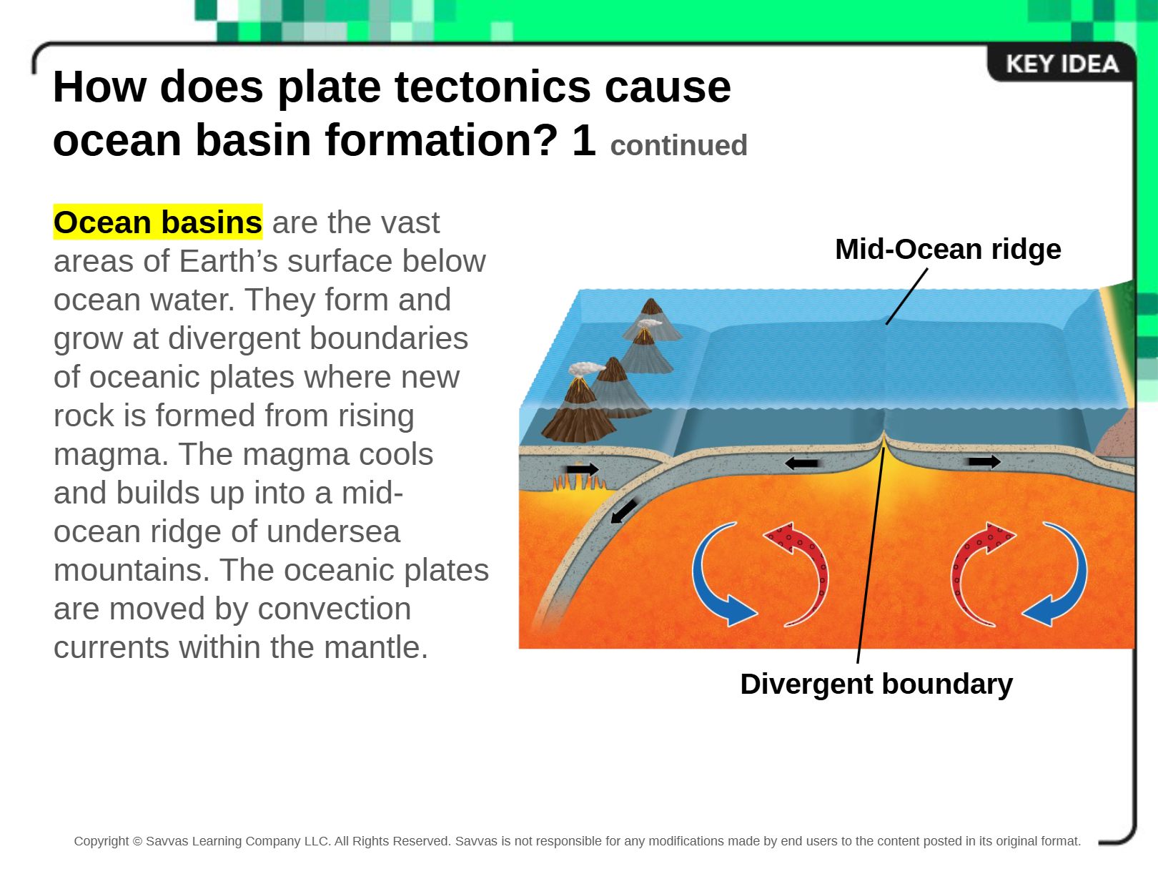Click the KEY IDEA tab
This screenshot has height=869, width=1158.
point(1061,64)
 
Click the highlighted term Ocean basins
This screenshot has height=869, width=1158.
point(158,222)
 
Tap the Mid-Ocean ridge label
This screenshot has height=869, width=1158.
point(948,249)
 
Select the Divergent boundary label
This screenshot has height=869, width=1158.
point(876,684)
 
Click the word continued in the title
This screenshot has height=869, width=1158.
point(679,145)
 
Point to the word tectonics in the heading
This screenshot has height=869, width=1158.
point(493,87)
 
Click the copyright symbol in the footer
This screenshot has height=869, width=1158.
point(137,841)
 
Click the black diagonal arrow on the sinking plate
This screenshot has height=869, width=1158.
point(623,511)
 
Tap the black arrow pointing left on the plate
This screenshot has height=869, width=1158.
point(801,463)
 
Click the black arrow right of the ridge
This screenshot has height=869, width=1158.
point(984,461)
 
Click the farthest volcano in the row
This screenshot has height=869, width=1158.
point(652,319)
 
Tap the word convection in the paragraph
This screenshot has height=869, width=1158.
point(334,609)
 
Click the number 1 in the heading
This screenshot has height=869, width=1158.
point(584,139)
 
